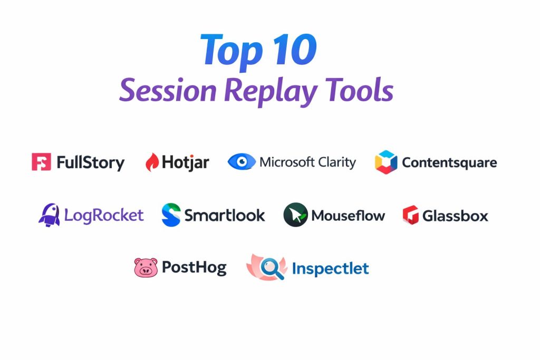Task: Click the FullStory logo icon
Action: coord(41,162)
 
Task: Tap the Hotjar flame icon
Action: coord(152,162)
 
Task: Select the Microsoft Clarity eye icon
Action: coord(242,161)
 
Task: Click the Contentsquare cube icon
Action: coord(385,162)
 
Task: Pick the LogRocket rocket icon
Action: coord(49,215)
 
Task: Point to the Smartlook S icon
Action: coord(171,215)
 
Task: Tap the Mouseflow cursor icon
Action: coord(295,215)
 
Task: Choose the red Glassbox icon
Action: coord(410,215)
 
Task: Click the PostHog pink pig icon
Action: coord(146,267)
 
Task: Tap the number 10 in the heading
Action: coord(295,50)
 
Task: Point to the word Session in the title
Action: coord(168,90)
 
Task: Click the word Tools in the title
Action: coord(359,90)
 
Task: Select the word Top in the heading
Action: coord(232,52)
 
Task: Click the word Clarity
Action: coord(337,162)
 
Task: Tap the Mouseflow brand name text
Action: coord(348,216)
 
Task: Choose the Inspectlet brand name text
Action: coord(330,268)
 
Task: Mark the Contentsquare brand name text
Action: coord(449,163)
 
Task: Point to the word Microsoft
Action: coord(287,162)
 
